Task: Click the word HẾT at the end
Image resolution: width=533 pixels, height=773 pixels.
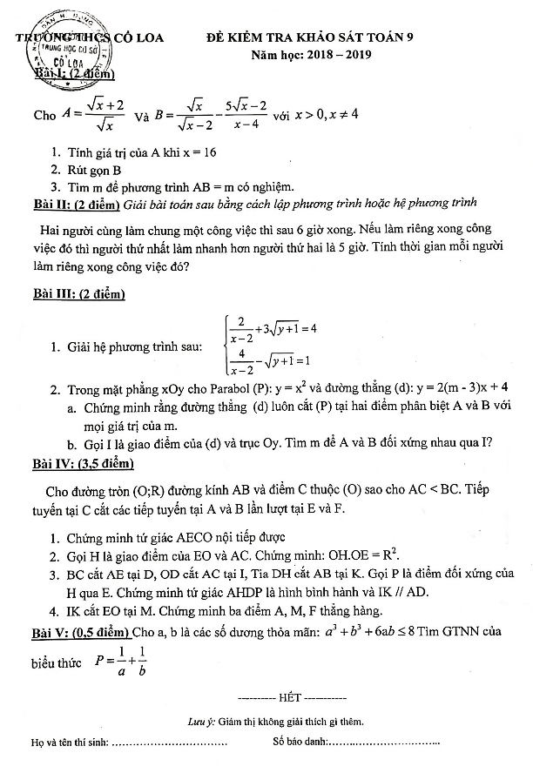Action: click(289, 698)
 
